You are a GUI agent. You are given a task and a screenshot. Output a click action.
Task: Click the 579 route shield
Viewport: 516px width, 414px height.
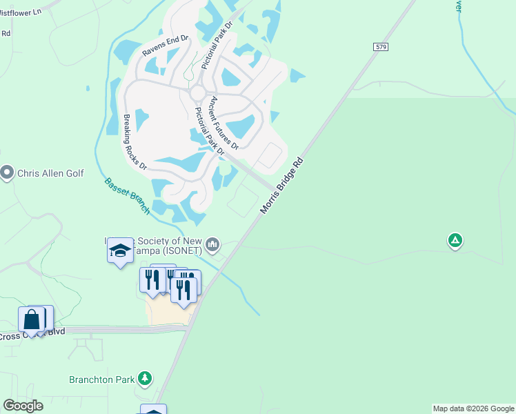click(x=381, y=46)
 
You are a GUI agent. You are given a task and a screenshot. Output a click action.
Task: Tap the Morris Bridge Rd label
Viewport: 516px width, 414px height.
click(x=282, y=185)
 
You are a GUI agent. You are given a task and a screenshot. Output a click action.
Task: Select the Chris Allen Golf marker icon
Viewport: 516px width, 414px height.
click(x=8, y=172)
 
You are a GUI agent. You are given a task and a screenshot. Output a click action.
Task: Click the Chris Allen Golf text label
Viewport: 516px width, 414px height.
click(x=50, y=172)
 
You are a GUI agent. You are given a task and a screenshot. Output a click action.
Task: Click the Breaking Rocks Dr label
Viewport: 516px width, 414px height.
click(x=135, y=142)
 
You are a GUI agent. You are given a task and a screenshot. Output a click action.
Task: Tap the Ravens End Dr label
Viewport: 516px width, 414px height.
click(x=166, y=47)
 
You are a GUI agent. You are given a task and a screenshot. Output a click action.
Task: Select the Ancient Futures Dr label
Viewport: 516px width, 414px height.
click(x=224, y=123)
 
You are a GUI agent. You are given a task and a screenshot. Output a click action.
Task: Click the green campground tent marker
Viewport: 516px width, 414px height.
click(x=455, y=240)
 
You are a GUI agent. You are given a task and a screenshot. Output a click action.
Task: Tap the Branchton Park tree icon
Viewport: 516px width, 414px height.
click(x=144, y=378)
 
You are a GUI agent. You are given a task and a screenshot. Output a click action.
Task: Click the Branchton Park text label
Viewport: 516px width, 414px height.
click(x=101, y=379)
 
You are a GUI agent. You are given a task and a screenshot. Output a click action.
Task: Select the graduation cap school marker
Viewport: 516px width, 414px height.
click(x=120, y=250)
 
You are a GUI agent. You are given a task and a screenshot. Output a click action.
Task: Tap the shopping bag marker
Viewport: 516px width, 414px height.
click(x=32, y=319)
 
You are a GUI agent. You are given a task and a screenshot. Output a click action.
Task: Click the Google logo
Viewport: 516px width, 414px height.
click(x=23, y=406)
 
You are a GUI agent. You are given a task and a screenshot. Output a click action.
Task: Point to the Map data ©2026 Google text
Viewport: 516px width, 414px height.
click(x=473, y=408)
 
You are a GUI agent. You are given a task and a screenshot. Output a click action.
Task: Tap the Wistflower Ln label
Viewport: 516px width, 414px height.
click(x=20, y=12)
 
